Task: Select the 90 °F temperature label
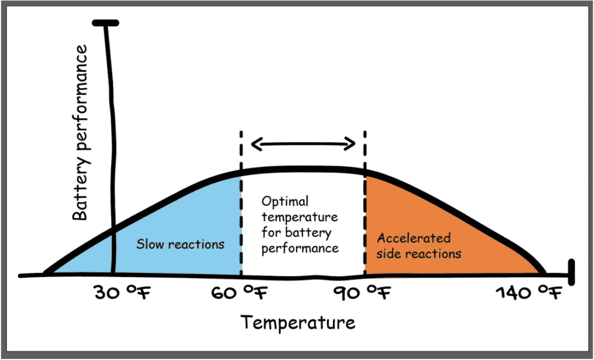coord(362,293)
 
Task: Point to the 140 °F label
coord(528,293)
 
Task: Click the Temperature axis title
coord(298,322)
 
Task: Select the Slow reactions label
coord(180,243)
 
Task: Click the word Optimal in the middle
coord(285,202)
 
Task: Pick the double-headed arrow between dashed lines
coord(303,143)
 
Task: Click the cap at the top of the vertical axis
coord(105,23)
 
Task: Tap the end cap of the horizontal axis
coord(571,271)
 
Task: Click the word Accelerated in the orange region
coord(414,238)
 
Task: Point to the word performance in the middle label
coord(300,248)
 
